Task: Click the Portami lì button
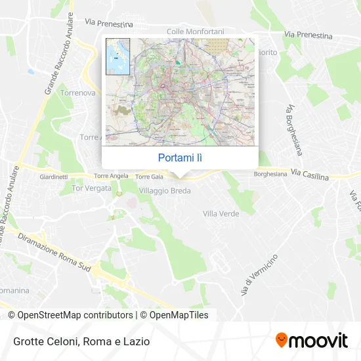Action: (180, 158)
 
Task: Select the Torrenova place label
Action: (77, 93)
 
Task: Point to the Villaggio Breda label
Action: (165, 190)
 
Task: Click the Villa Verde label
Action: (221, 214)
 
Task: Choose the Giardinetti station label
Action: (54, 177)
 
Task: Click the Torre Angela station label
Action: (111, 177)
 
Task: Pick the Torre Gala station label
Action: (148, 177)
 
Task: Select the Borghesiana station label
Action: (270, 175)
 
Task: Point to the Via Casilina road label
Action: (308, 174)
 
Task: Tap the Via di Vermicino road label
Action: (259, 274)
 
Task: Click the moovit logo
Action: (311, 341)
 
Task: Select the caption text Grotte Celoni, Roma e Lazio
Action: (81, 341)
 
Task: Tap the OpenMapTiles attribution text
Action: (172, 315)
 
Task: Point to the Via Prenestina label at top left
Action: (109, 23)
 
